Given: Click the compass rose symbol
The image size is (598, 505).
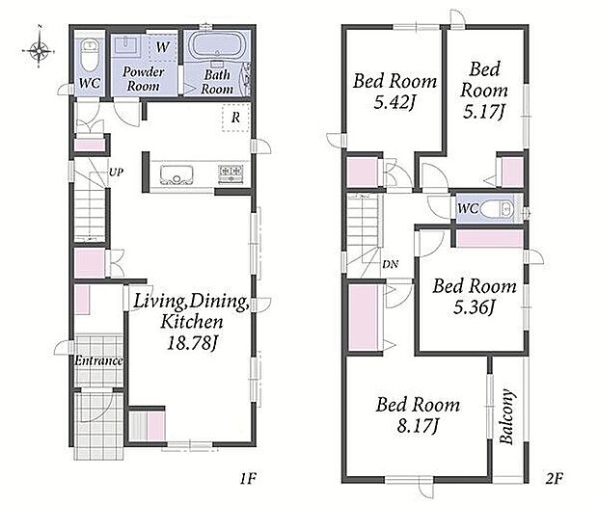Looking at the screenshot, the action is point(39,50).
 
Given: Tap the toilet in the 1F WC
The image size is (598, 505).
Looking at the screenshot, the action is point(90,56).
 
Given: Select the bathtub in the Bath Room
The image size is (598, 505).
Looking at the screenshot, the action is point(218,46).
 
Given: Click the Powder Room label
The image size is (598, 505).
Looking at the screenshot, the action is point(143,79).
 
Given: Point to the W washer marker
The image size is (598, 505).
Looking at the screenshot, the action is point(162,47).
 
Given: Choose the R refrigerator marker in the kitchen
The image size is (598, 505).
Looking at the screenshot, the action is point(235,118).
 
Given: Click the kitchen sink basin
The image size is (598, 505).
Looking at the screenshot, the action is point(177,175).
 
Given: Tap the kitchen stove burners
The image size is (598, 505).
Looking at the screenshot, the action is point(231,173).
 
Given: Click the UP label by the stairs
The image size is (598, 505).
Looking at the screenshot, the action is point(116,173).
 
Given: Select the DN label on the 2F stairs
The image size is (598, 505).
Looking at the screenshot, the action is point(391,264).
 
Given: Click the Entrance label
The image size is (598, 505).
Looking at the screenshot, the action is point(98,360).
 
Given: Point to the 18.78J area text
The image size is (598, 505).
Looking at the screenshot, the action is point(193,343).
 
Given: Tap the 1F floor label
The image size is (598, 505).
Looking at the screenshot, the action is point(248,478).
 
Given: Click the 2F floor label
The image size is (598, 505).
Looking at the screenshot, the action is point(555,478).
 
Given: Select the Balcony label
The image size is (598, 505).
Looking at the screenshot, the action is point(506,416).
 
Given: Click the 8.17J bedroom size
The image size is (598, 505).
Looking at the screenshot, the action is point(418,425).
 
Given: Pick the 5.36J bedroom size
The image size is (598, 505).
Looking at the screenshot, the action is point(474,307).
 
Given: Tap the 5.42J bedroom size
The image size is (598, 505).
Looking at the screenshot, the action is point(394,102).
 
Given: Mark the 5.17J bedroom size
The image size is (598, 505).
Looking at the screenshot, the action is point(484,112).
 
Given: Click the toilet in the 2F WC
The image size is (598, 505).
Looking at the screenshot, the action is point(496,209).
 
